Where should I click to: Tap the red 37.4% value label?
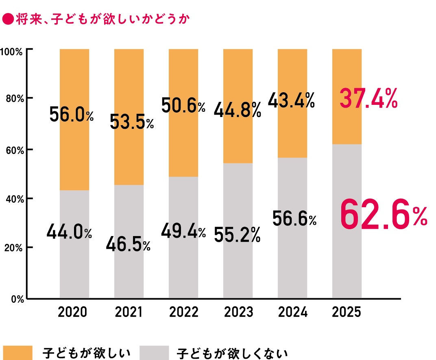[368, 99]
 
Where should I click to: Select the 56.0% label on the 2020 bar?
[72, 115]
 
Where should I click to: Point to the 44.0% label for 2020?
[69, 232]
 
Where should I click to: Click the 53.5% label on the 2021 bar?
[132, 121]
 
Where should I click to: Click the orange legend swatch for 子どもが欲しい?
[17, 352]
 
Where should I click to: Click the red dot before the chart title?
[8, 19]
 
